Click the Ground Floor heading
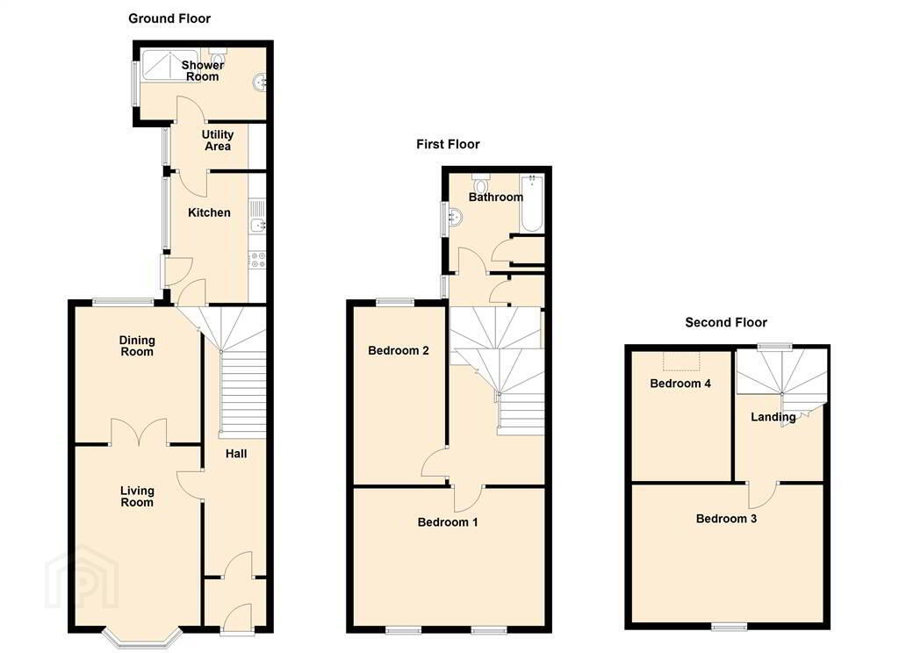coord(169,18)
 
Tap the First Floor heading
coord(448,145)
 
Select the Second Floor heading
coord(726,322)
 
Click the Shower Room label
coord(203,71)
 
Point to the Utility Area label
coord(218,140)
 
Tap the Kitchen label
coord(209,212)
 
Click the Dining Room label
coord(137,347)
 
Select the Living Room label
coord(137,497)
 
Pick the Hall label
coord(236,454)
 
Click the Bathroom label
coord(496,197)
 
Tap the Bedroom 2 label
coord(399,350)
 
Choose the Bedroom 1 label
coord(448,522)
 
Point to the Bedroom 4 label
coord(680,384)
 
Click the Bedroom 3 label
coord(726,519)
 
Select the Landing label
coord(773,418)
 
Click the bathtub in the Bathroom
coord(531,204)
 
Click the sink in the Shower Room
coord(260,83)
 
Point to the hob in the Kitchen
coord(257,259)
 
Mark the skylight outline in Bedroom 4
coord(681,362)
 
